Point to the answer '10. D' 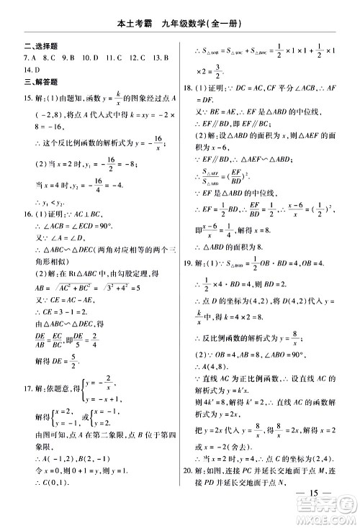tap(89, 58)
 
